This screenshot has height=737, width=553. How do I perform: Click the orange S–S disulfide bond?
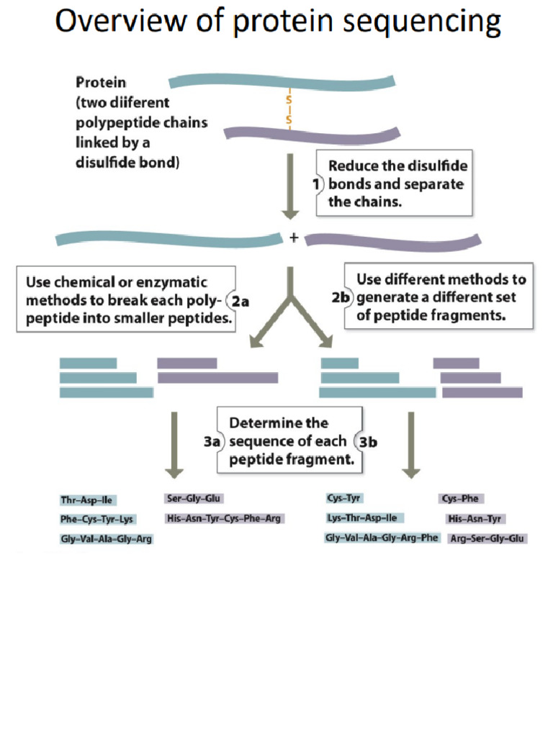coord(289,108)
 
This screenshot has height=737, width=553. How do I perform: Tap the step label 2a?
coord(240,302)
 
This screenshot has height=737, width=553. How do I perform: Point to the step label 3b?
coord(368,442)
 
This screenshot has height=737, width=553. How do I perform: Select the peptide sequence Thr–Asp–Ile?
coord(86,499)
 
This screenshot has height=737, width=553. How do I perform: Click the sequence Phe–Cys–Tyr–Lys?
coord(97,519)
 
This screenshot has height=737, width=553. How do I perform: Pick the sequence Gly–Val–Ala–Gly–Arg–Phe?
coord(382,538)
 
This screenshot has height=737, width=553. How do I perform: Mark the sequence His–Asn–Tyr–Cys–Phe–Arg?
coord(224,518)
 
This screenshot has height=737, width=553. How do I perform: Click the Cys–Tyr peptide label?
coord(345,498)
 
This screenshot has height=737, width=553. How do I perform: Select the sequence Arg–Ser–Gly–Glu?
coord(487,538)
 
